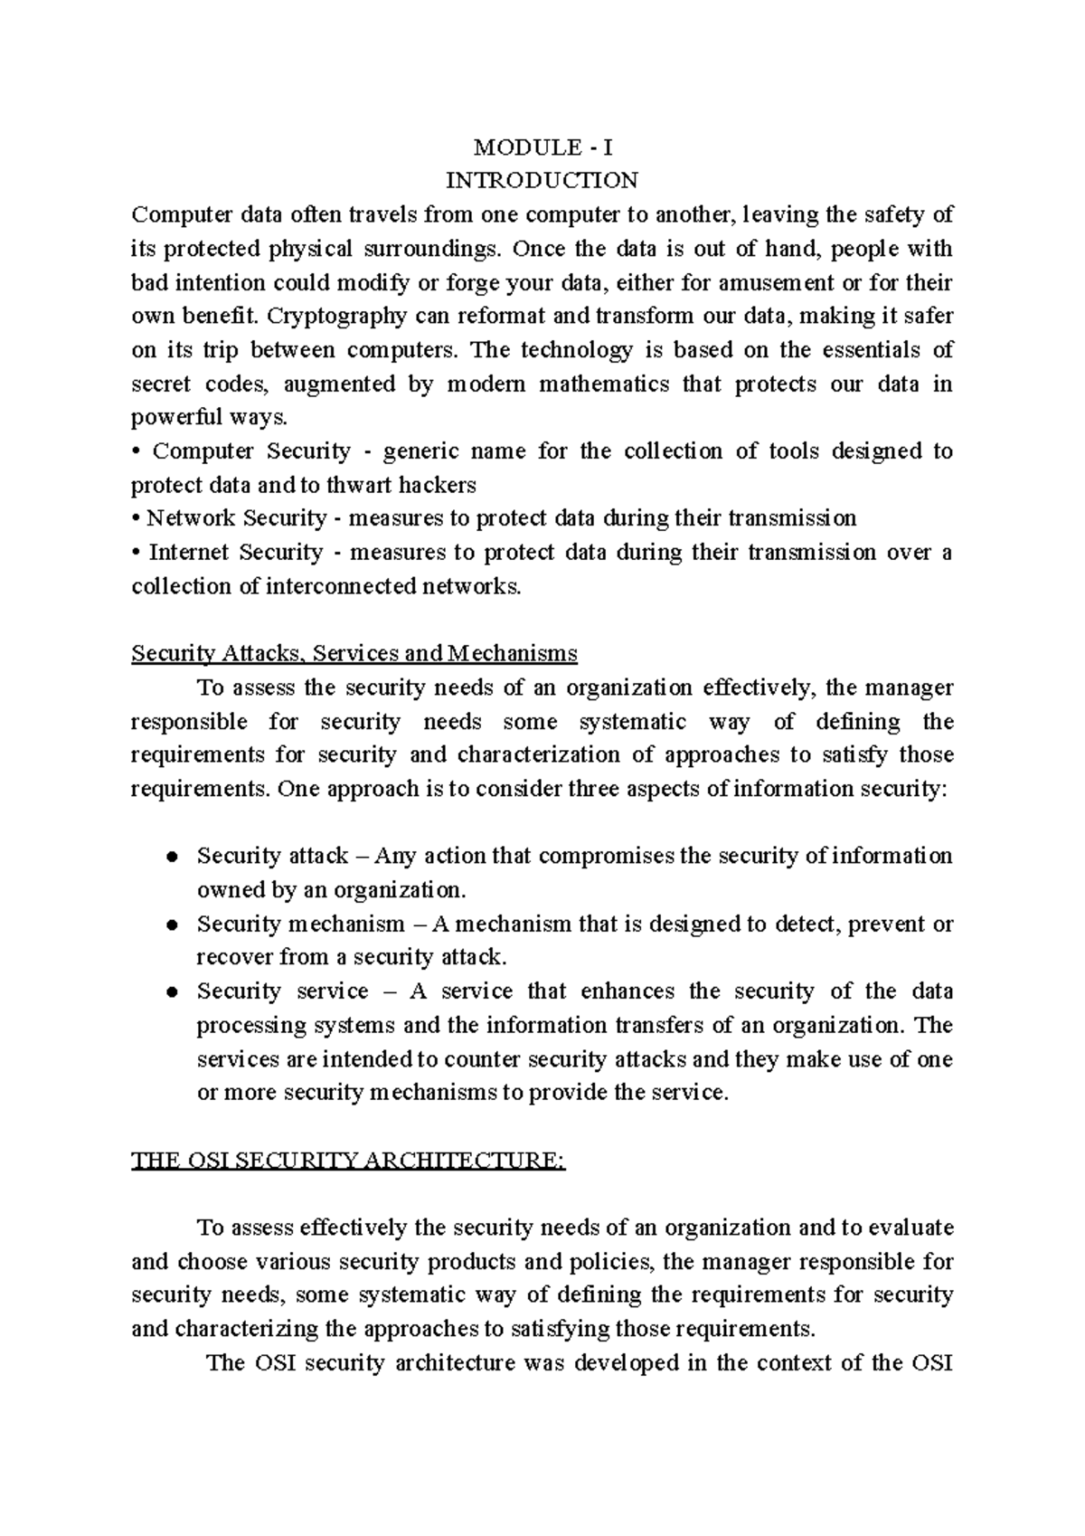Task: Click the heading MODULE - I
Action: click(542, 147)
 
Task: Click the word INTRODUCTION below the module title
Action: click(542, 180)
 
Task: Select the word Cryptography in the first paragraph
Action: click(334, 316)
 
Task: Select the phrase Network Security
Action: click(237, 518)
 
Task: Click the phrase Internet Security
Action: click(235, 552)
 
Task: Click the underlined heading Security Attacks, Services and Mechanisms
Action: click(354, 653)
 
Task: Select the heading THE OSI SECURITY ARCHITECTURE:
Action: click(348, 1161)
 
